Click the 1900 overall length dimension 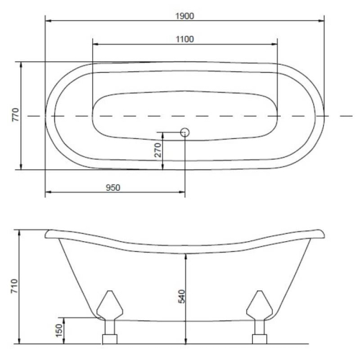[184, 16]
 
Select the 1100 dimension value [185, 39]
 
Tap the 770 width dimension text [16, 114]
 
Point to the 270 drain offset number [158, 150]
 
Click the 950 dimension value [113, 187]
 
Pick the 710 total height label [14, 286]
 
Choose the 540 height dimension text [182, 297]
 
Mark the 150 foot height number [59, 330]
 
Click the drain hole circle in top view [185, 132]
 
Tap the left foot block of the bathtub [109, 339]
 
